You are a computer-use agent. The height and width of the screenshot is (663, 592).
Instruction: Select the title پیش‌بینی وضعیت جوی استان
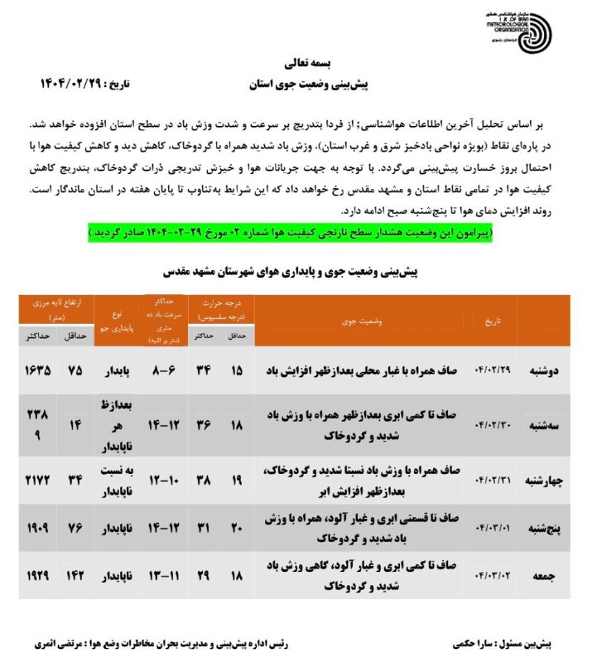307,85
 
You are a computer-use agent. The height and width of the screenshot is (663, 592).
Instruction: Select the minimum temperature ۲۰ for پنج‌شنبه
235,527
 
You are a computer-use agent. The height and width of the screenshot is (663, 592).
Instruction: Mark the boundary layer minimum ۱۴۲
75,574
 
